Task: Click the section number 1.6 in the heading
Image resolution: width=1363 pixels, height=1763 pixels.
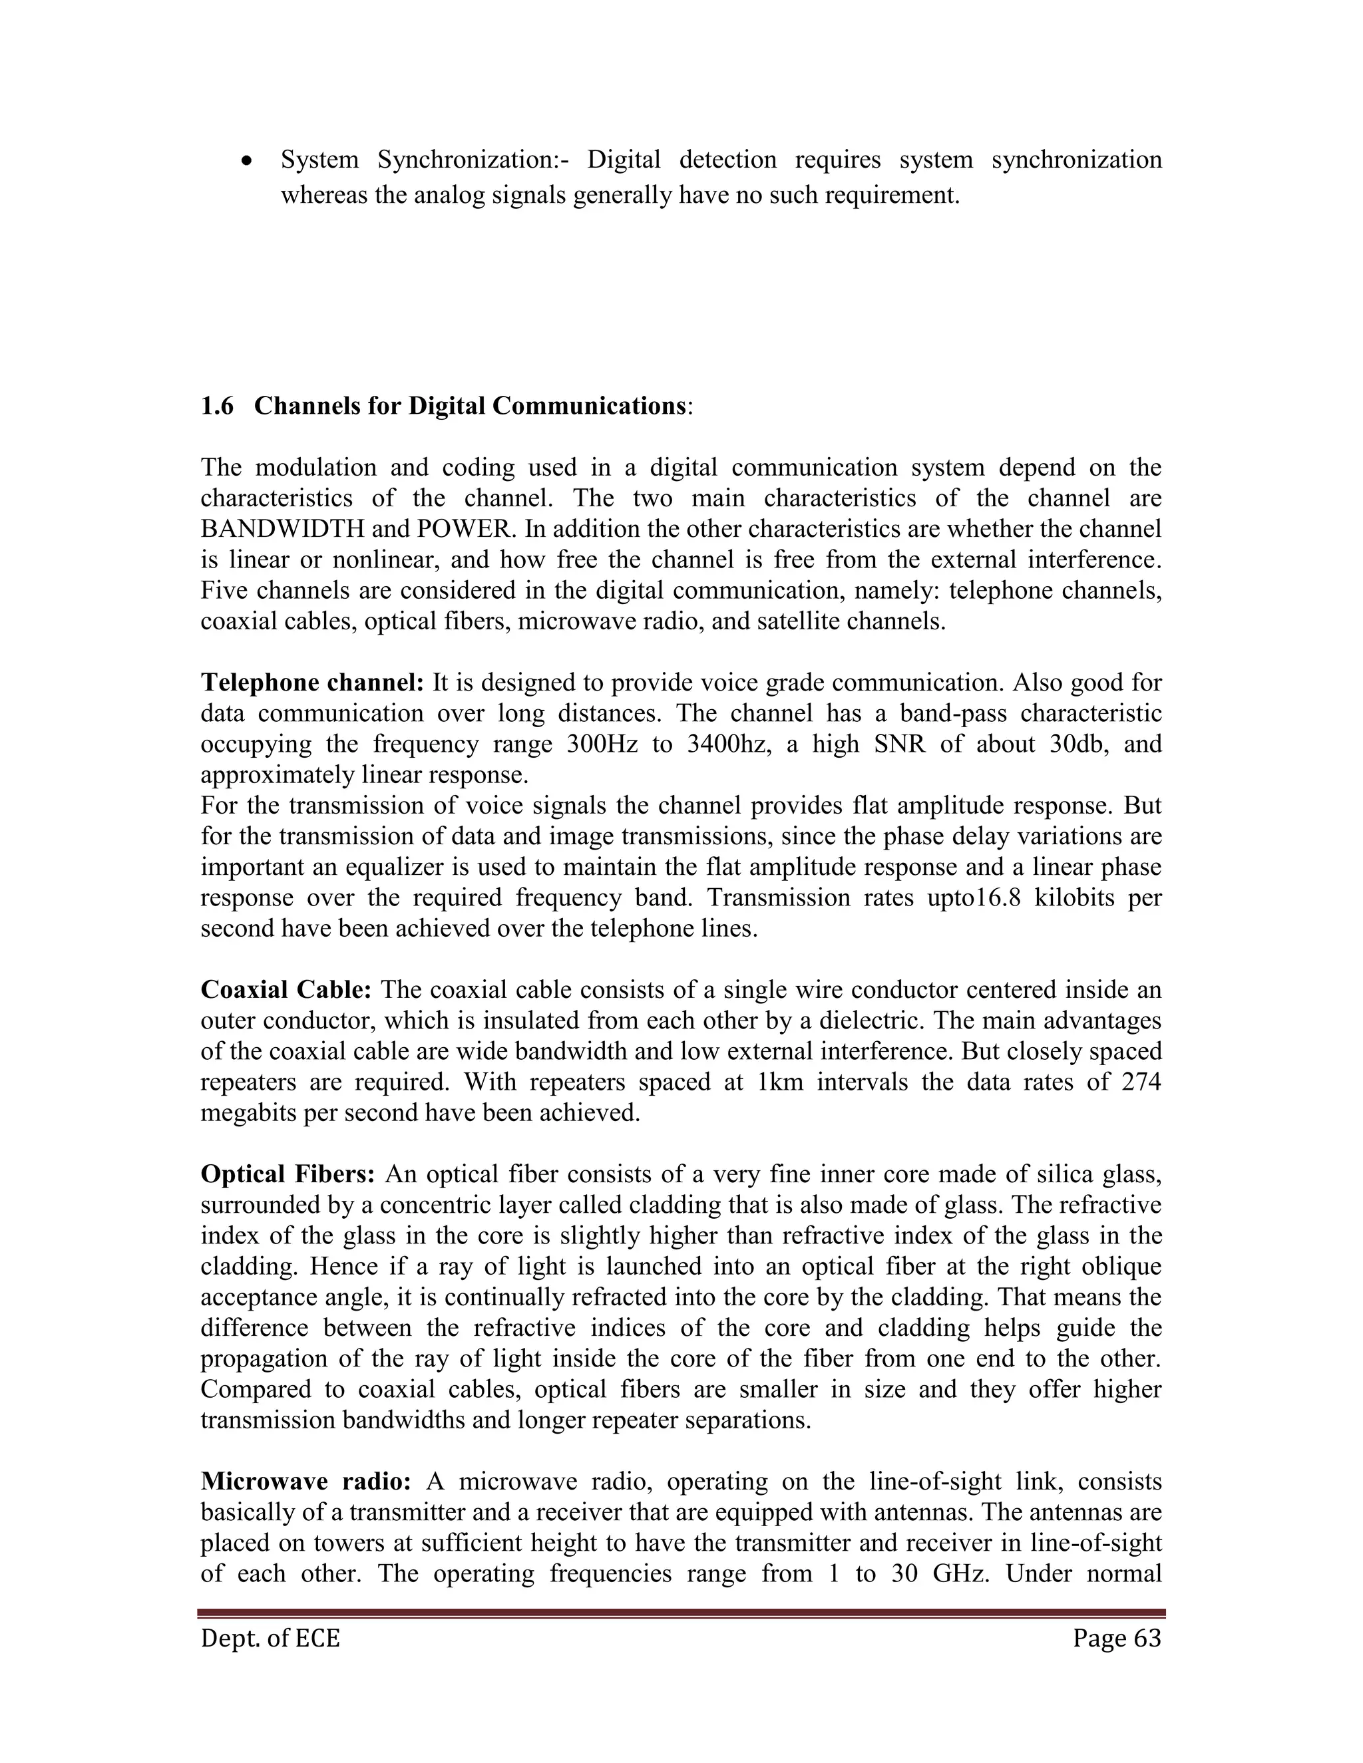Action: (216, 406)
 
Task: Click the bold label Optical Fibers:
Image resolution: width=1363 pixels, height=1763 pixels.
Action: (288, 1174)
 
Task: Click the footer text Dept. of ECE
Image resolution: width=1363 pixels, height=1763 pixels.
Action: (270, 1639)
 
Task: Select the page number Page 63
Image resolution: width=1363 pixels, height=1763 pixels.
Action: (1117, 1639)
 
